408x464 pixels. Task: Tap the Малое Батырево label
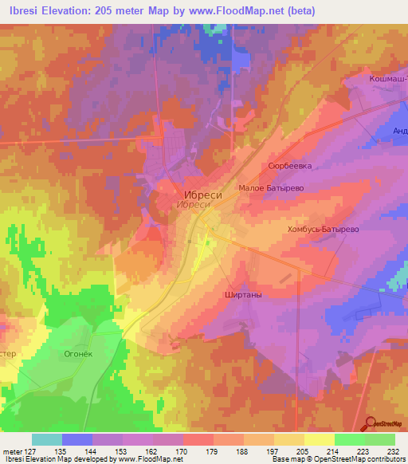[272, 189]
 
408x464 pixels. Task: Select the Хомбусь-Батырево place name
[323, 229]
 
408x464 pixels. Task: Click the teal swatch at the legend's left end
[47, 438]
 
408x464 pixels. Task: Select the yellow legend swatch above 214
[320, 438]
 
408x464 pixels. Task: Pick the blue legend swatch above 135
[77, 438]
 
